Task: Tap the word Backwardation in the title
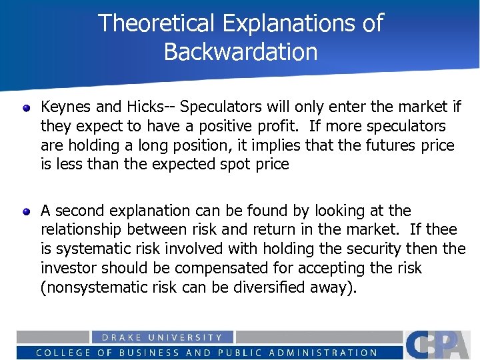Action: click(x=241, y=52)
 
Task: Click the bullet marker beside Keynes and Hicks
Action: click(x=26, y=107)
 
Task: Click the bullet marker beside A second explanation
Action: click(x=26, y=211)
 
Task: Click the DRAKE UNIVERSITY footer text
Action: click(x=162, y=337)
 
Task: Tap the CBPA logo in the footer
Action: click(x=441, y=344)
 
